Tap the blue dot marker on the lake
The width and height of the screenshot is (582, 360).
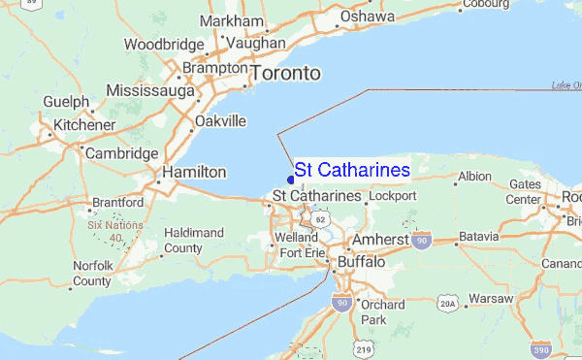click(291, 179)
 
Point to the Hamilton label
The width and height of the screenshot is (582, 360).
click(193, 171)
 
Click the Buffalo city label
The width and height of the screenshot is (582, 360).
click(361, 263)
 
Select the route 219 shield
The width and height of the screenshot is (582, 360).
click(363, 347)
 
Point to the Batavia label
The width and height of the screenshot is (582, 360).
click(477, 237)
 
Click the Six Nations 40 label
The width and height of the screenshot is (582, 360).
click(115, 231)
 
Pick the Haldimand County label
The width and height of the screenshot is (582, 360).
click(194, 241)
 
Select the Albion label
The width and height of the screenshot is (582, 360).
click(474, 177)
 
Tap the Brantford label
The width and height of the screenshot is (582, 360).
click(117, 203)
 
